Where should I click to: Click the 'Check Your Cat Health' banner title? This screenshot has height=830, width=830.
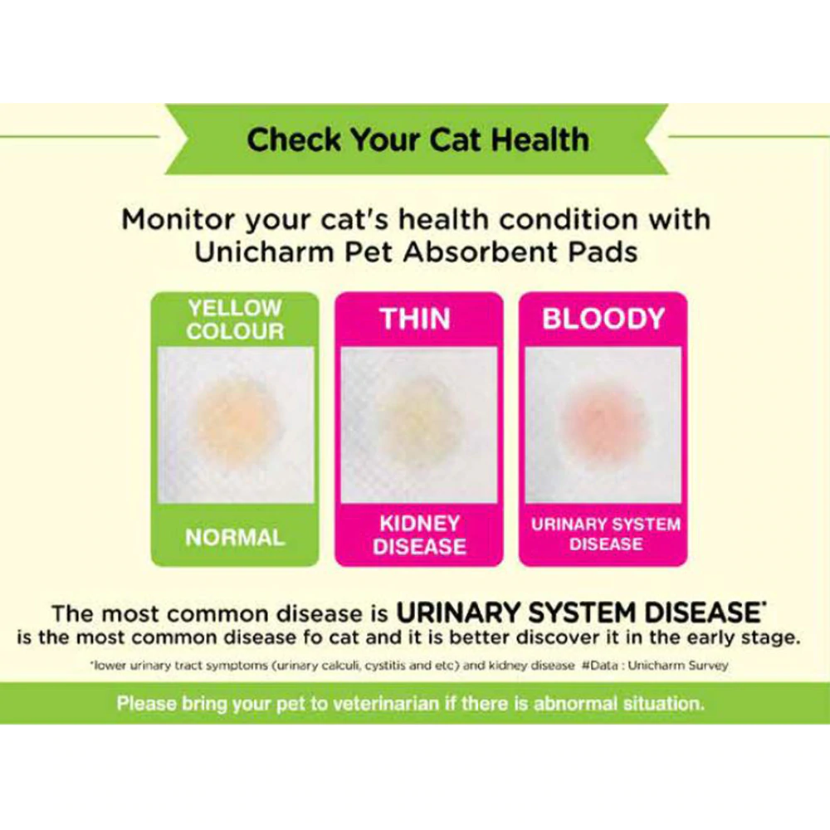[x=417, y=139]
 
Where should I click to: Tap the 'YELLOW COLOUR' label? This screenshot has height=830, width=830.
[x=235, y=320]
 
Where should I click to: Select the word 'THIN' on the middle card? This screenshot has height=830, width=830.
[x=415, y=319]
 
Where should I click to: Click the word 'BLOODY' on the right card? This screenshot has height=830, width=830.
[x=603, y=319]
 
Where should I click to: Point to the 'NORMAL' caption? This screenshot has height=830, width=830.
[x=235, y=538]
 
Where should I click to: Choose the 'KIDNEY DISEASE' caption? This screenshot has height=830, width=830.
[x=419, y=535]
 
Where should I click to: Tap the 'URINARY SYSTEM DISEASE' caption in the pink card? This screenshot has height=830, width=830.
[x=606, y=534]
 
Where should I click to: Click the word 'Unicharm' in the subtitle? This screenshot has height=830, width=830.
[x=264, y=252]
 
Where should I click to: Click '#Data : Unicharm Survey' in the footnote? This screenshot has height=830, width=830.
[x=655, y=666]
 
